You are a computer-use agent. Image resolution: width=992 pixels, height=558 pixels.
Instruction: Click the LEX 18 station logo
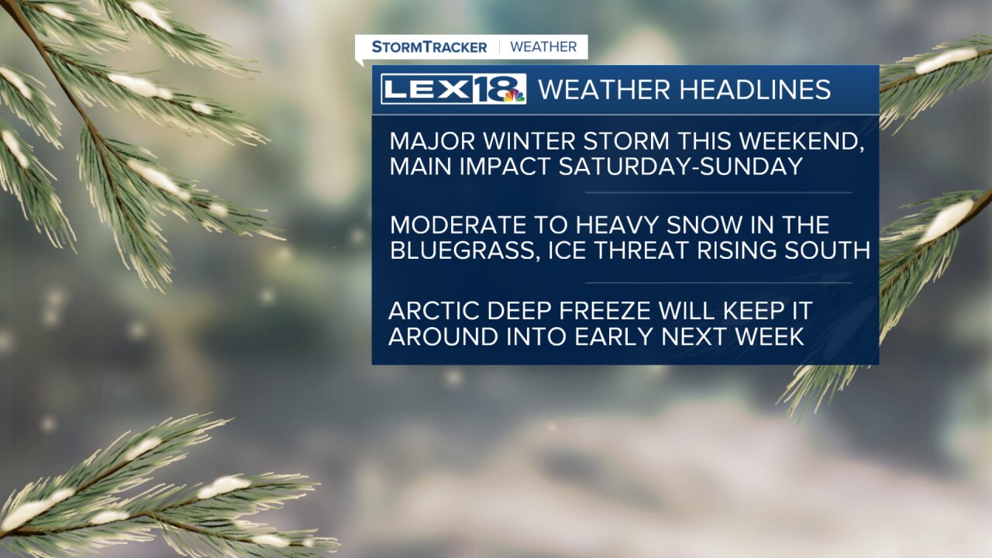click(453, 89)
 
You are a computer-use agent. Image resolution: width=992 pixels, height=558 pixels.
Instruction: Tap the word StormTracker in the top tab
click(429, 47)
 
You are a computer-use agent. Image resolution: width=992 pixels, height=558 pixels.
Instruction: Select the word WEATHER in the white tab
click(543, 47)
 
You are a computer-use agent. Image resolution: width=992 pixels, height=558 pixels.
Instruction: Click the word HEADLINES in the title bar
click(755, 89)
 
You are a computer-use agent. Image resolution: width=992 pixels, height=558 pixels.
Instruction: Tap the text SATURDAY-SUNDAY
click(680, 167)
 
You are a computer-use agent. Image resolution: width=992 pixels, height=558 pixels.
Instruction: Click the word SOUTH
click(827, 250)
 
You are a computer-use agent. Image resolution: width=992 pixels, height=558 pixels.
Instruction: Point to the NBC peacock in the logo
click(514, 95)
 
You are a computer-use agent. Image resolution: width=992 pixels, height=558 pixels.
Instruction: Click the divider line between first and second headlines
click(718, 193)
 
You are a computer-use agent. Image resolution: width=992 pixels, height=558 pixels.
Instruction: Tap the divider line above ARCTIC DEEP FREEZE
click(718, 283)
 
